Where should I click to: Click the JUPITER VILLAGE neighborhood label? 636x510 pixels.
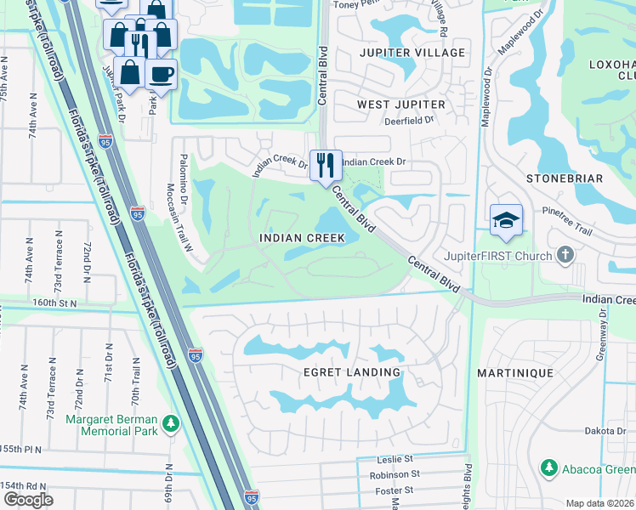(x=412, y=53)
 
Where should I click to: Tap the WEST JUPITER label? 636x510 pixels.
(x=400, y=104)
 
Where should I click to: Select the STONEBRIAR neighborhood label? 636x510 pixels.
(x=564, y=178)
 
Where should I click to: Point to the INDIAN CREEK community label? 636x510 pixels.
(x=303, y=239)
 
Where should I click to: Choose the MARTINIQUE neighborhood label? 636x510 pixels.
(x=515, y=373)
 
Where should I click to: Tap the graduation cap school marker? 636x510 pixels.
(x=506, y=219)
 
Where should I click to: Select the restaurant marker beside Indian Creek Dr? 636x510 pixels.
(x=325, y=164)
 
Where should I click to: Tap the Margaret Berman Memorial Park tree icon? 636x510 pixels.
(x=171, y=422)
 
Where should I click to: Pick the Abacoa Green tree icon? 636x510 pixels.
(x=548, y=467)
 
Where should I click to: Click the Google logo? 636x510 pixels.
(x=29, y=499)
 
